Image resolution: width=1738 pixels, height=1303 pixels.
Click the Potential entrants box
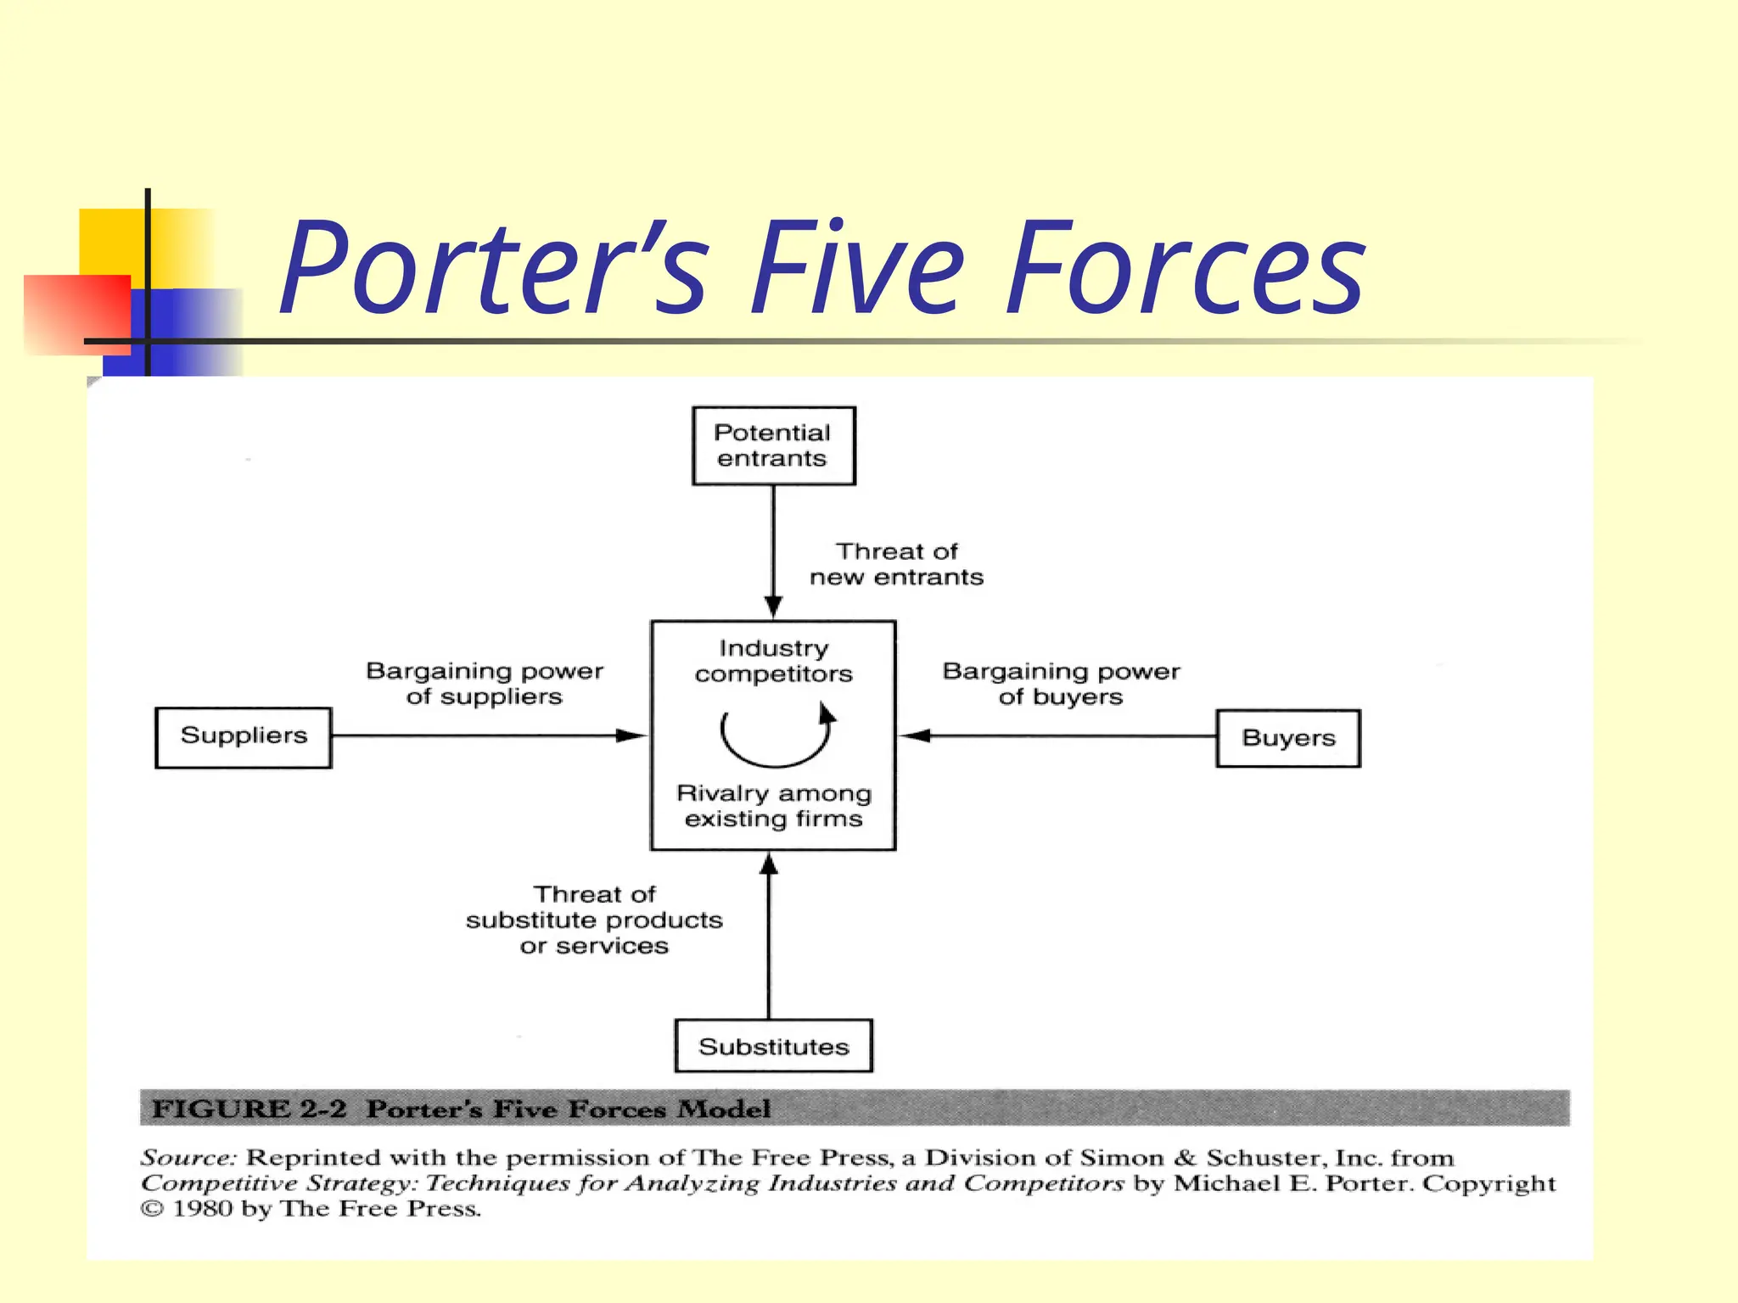point(773,445)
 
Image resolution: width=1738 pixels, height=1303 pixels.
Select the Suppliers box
point(244,737)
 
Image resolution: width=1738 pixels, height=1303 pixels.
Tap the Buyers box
point(1287,738)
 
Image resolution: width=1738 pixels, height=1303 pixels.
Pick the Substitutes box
point(773,1046)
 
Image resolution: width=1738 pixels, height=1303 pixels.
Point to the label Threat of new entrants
point(896,564)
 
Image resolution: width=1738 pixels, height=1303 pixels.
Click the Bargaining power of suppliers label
point(484,684)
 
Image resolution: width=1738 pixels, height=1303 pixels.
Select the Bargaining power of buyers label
point(1061,684)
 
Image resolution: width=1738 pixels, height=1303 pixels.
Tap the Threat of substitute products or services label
point(594,920)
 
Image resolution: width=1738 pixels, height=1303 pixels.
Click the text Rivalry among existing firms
point(773,806)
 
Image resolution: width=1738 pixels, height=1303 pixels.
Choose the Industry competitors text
point(773,661)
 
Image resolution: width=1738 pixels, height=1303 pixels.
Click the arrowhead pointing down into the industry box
point(773,607)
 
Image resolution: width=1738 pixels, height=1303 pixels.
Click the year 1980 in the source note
point(203,1209)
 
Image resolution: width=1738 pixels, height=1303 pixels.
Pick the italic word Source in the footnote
point(188,1158)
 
